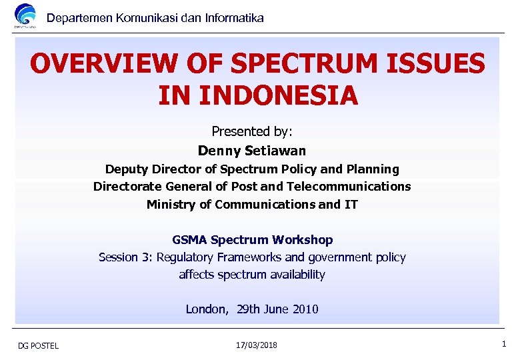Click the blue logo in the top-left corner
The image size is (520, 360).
[x=25, y=16]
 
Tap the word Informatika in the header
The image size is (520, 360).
[x=233, y=18]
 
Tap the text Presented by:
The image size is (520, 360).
[x=252, y=131]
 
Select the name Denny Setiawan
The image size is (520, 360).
[x=252, y=151]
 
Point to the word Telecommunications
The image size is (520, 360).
[x=355, y=187]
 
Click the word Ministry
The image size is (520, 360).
[x=171, y=205]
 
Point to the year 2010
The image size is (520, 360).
[x=305, y=309]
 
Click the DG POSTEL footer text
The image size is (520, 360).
[x=39, y=345]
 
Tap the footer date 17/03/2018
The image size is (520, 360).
[x=257, y=345]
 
